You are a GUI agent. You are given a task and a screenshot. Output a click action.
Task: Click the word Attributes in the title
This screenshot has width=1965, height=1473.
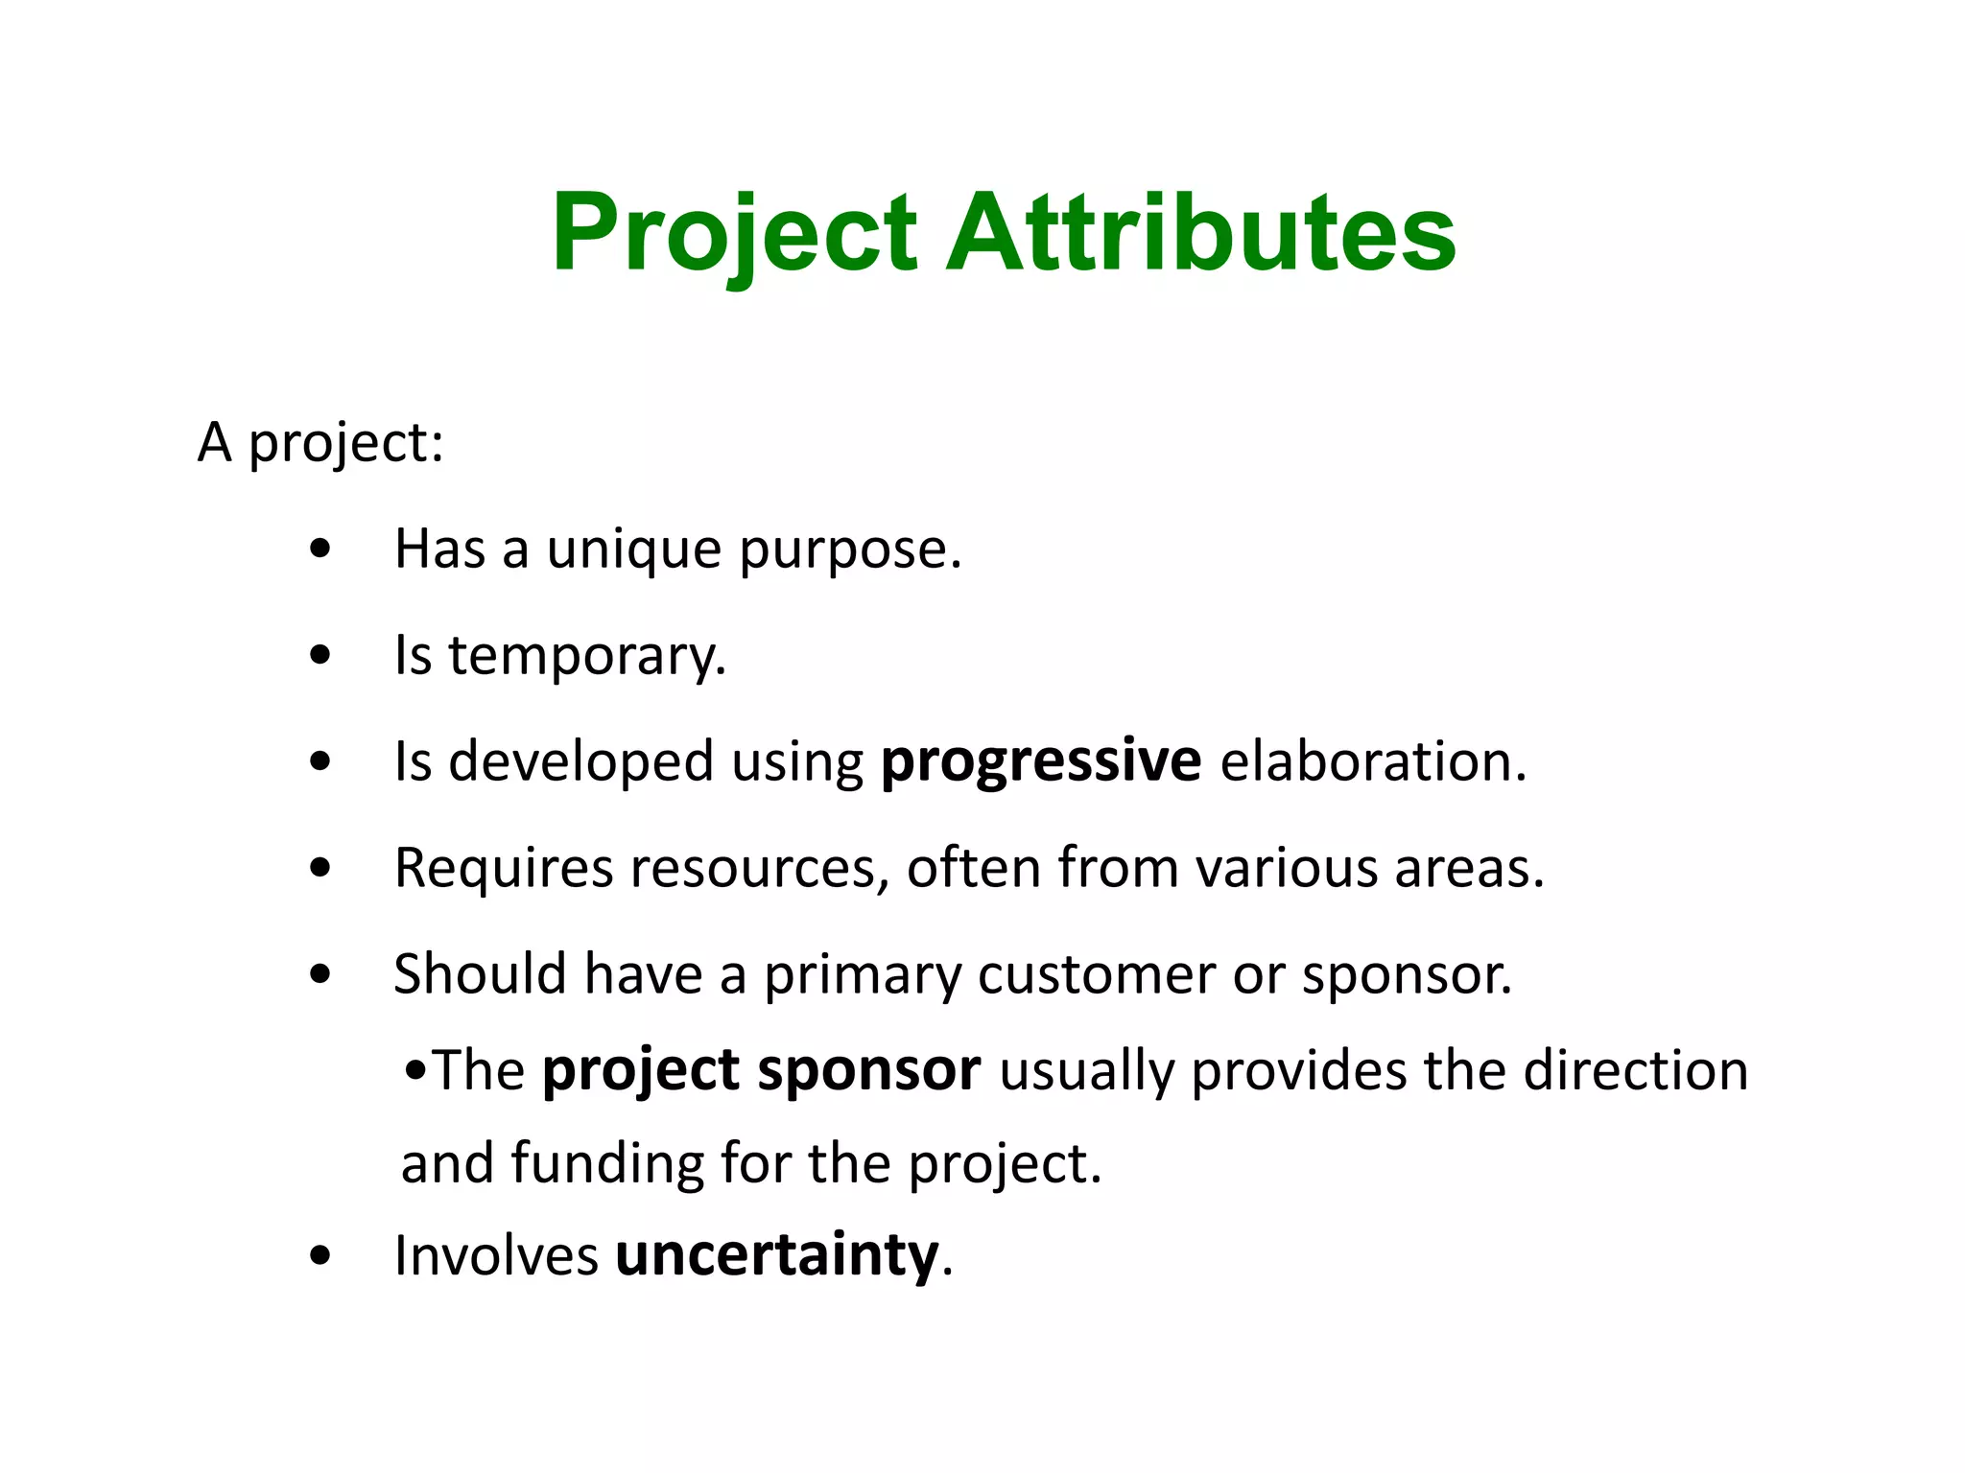1200,233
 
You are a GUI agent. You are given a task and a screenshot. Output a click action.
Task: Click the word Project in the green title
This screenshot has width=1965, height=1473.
734,233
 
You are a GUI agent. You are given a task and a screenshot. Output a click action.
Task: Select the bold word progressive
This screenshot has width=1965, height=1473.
1040,762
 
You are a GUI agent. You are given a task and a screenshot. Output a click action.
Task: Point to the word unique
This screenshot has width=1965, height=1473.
634,549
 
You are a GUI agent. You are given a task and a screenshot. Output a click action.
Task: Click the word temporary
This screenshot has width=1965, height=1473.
586,657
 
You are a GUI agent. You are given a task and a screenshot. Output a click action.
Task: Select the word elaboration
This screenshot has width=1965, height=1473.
1371,762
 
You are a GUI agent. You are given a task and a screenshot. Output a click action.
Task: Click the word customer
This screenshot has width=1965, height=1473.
1096,974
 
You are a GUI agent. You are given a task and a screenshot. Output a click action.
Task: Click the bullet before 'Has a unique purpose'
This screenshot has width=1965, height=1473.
320,550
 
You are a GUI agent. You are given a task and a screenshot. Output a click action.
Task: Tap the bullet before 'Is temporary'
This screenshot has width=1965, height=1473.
320,657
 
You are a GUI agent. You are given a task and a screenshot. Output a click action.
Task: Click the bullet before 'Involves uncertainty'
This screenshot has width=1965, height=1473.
320,1255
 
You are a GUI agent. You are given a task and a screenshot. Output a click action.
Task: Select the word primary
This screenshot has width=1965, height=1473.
862,976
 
